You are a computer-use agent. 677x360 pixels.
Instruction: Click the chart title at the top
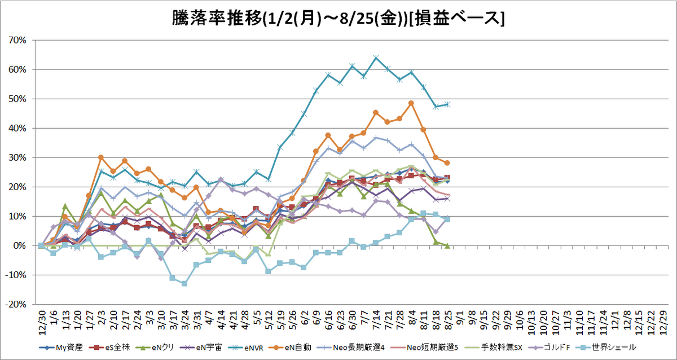[x=338, y=18]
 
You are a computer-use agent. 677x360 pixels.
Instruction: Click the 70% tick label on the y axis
[x=17, y=40]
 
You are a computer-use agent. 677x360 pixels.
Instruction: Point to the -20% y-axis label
[x=16, y=304]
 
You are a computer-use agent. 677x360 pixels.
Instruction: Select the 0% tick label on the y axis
[x=20, y=246]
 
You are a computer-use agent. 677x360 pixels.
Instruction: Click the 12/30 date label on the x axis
[x=42, y=323]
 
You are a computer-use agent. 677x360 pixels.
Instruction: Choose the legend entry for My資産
[x=61, y=348]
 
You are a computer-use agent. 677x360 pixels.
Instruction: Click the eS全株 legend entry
[x=109, y=348]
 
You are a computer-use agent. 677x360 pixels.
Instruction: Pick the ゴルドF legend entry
[x=549, y=348]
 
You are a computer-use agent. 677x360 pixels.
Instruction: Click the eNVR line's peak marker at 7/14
[x=376, y=58]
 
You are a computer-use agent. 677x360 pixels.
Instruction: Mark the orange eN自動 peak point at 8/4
[x=411, y=103]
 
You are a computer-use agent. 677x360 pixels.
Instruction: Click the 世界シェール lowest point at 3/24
[x=184, y=283]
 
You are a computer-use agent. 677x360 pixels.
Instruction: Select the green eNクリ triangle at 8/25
[x=447, y=246]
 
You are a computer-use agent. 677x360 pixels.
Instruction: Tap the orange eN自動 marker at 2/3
[x=101, y=157]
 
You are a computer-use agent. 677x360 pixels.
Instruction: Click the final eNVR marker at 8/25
[x=447, y=104]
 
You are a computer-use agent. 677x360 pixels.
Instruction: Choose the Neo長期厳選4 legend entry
[x=351, y=348]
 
